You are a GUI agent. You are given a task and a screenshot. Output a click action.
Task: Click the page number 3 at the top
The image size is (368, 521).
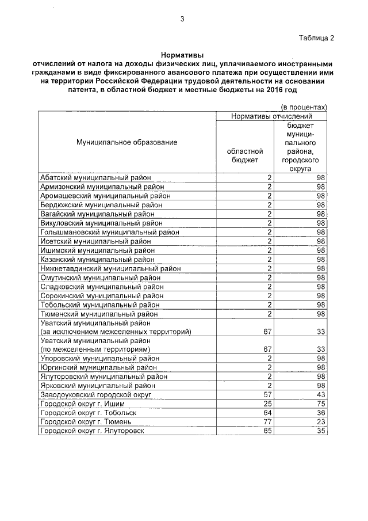click(182, 18)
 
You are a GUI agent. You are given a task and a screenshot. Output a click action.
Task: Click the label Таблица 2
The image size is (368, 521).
click(316, 38)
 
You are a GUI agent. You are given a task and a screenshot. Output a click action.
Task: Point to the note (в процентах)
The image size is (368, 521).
click(304, 107)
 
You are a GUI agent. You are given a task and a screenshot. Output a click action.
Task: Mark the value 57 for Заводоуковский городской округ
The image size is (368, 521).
click(267, 394)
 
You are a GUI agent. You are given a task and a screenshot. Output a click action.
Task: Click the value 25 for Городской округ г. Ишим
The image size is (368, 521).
click(267, 404)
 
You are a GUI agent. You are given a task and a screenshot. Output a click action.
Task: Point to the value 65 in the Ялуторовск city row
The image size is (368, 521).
click(267, 431)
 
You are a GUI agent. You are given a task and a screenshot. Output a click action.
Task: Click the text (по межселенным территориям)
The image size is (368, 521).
click(95, 349)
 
